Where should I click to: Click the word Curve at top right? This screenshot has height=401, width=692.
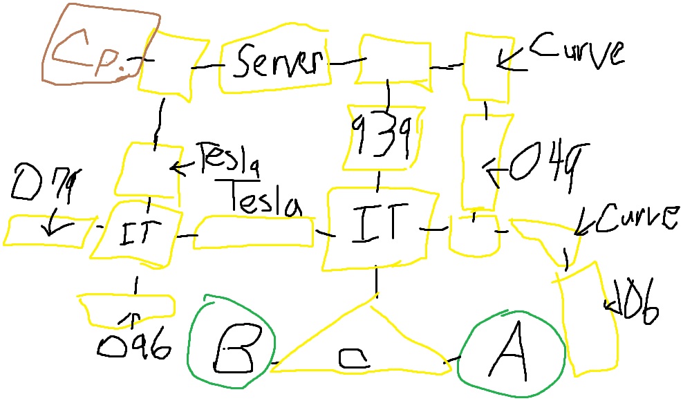[x=577, y=53]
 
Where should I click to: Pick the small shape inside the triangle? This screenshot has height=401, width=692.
[x=355, y=357]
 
